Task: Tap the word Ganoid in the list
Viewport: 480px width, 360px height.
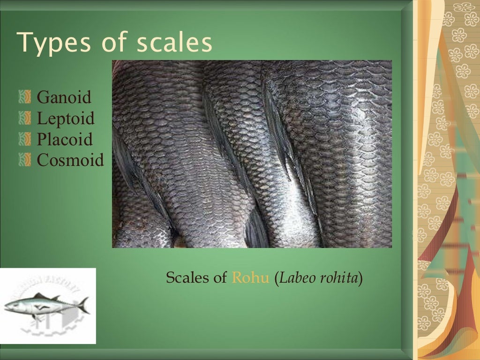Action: pyautogui.click(x=64, y=98)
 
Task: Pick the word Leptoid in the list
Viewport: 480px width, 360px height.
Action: pyautogui.click(x=66, y=119)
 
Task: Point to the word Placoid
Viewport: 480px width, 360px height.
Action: pyautogui.click(x=65, y=140)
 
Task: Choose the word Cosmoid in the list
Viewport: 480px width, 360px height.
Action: pyautogui.click(x=70, y=160)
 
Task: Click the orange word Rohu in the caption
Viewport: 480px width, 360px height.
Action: pyautogui.click(x=251, y=278)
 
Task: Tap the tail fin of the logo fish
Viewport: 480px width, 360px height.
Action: pyautogui.click(x=84, y=305)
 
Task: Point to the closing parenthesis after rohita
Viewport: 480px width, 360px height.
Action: pyautogui.click(x=361, y=278)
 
